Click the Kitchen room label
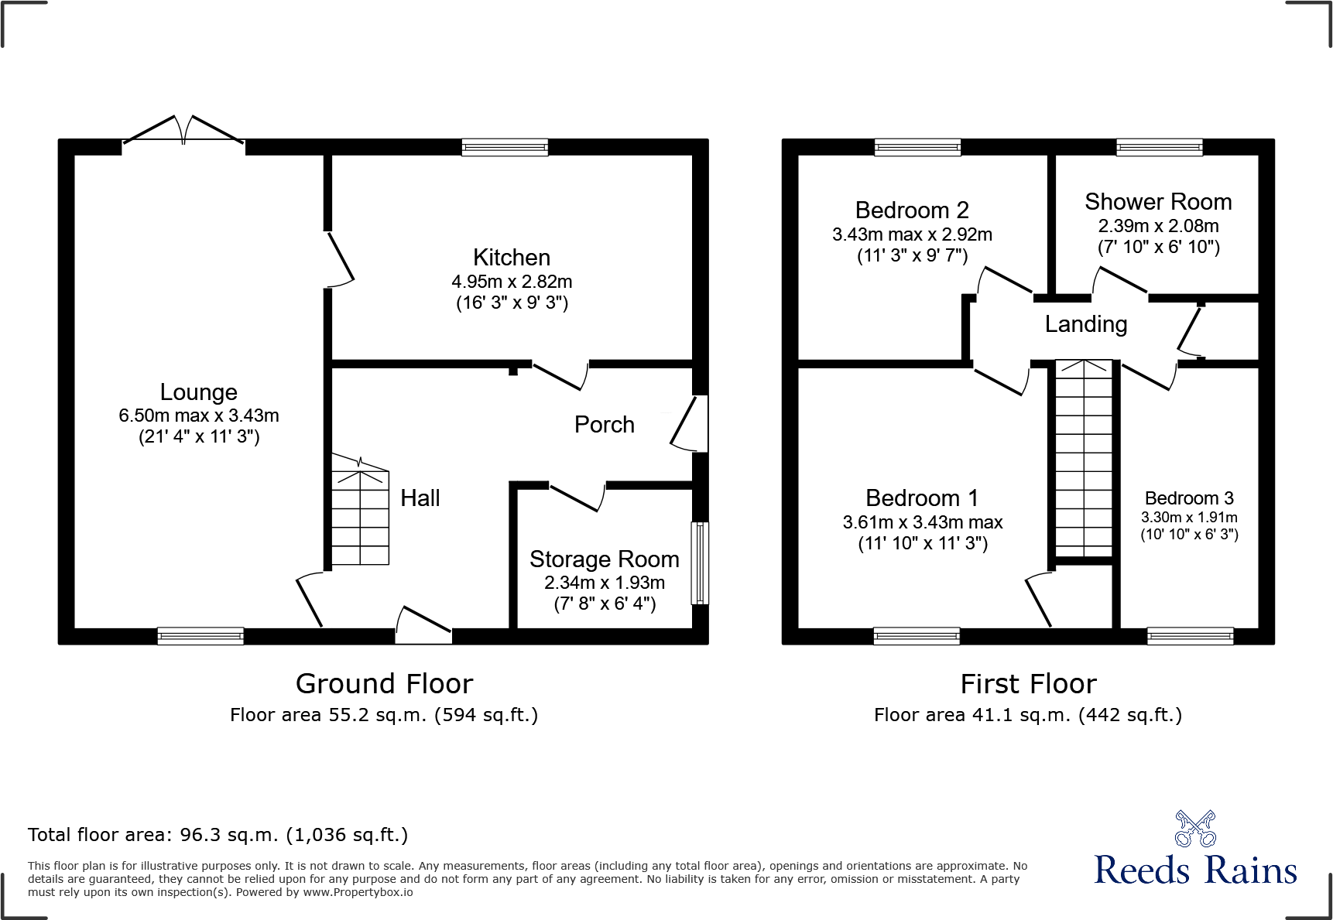point(512,258)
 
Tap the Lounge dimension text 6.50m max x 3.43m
point(199,416)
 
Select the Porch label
point(604,425)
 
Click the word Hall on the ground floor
point(420,498)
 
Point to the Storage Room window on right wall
point(700,563)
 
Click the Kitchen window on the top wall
point(505,147)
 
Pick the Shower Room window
point(1159,147)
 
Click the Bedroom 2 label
point(912,210)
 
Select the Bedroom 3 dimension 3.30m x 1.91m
point(1189,518)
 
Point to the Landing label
point(1086,324)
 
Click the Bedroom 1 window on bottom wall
point(917,636)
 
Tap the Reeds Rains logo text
point(1195,870)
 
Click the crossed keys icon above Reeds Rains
point(1195,829)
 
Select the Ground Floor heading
point(384,684)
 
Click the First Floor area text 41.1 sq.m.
point(1028,715)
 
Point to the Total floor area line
point(218,835)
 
